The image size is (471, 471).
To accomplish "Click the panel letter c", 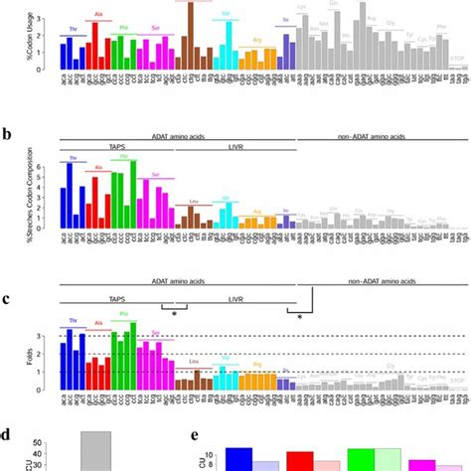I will coord(7,295).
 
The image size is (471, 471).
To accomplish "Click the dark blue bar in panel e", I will coord(237,458).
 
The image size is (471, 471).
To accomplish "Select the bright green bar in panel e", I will coord(361,458).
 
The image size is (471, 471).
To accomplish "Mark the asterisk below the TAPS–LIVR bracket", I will coord(175,314).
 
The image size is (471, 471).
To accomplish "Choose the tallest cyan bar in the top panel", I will coord(229,47).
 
